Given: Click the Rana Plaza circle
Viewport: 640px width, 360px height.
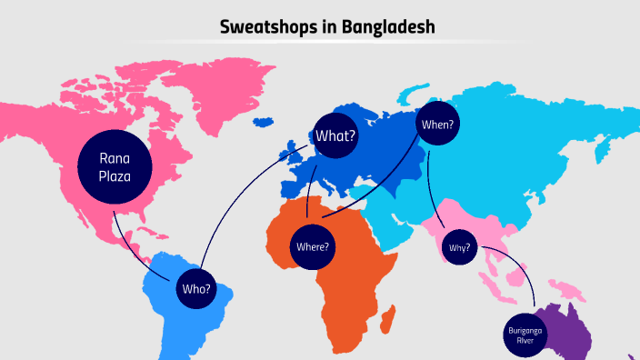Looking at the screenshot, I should tap(115, 168).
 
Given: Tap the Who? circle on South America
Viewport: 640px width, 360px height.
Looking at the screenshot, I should tap(195, 289).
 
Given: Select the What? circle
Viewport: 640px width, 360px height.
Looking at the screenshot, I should tap(335, 137).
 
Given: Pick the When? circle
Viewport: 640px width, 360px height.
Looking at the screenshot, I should tap(438, 125).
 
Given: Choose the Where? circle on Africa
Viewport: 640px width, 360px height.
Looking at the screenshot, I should tap(313, 245).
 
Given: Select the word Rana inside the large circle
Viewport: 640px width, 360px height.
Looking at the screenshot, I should tap(115, 159).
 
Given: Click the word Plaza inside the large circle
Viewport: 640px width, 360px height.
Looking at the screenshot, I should tap(115, 177).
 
